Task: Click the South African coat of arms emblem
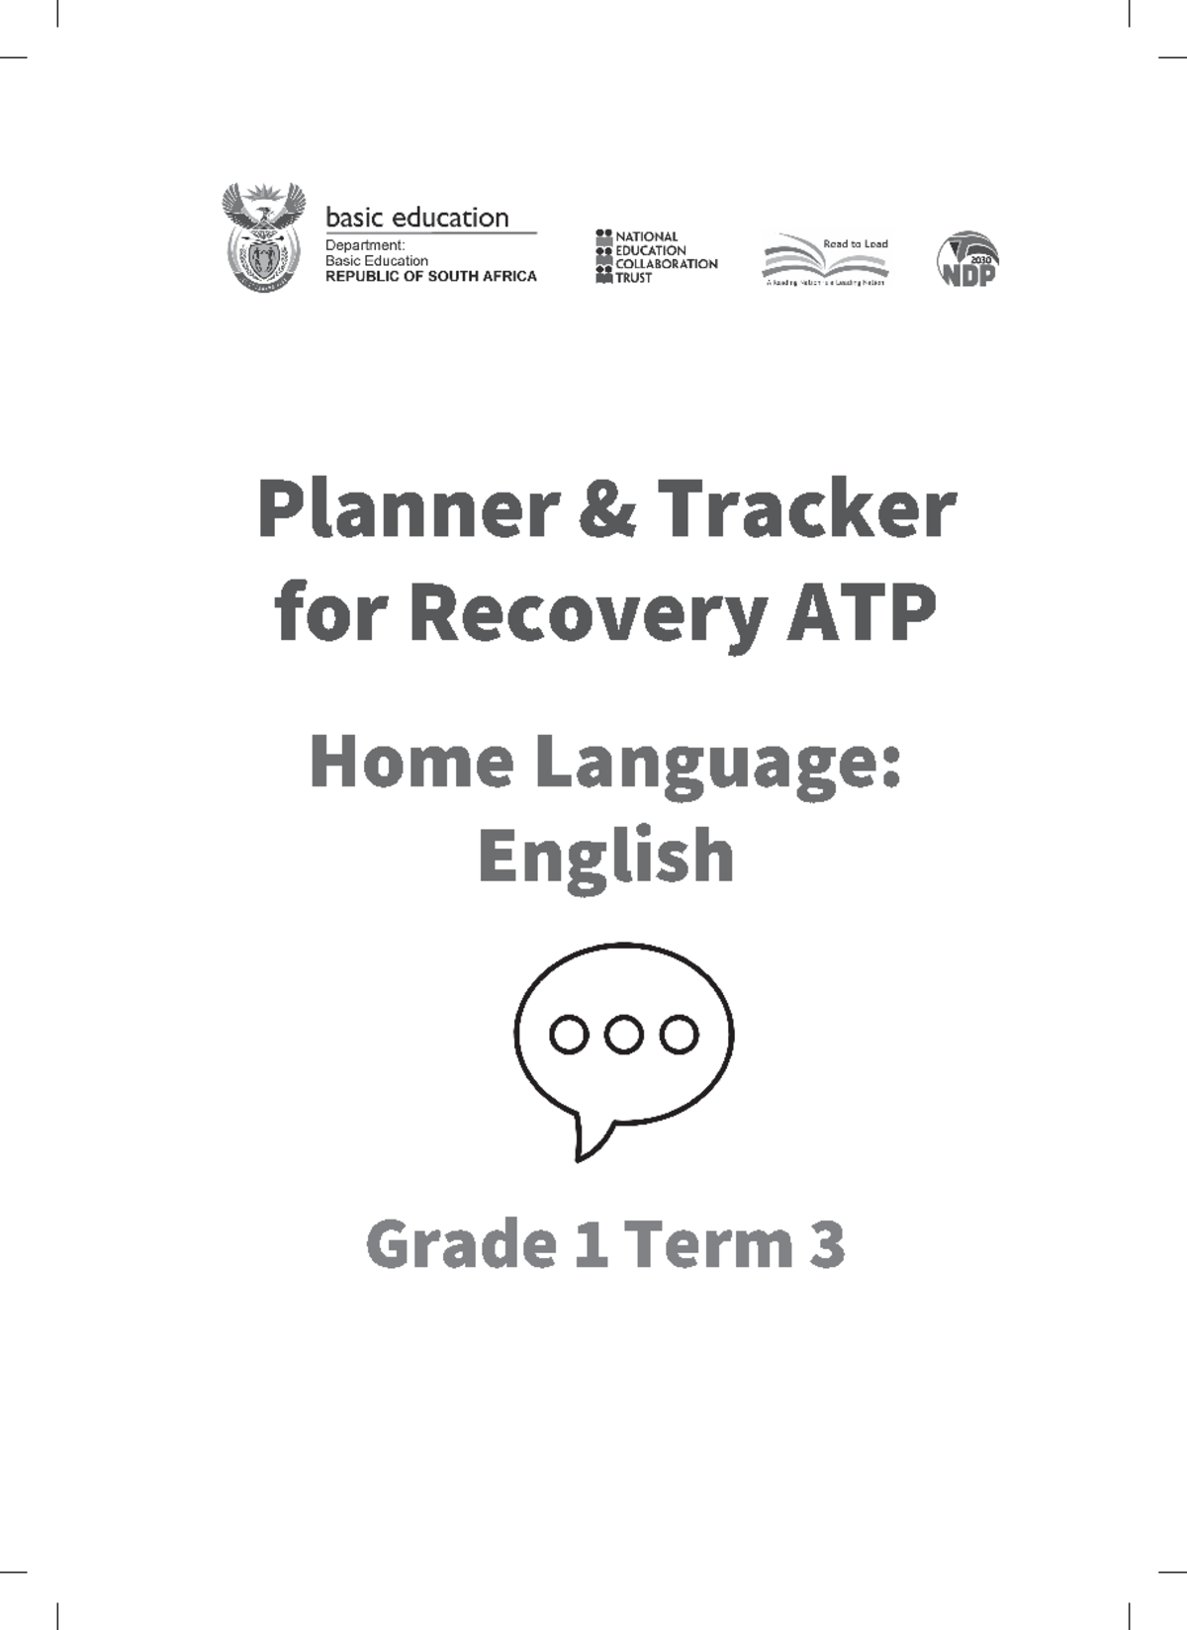[x=262, y=237]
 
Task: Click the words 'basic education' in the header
[x=416, y=218]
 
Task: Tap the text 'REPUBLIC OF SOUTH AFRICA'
[x=431, y=277]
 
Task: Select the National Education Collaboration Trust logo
[x=656, y=257]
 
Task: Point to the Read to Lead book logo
[x=825, y=260]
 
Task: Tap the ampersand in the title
[x=603, y=511]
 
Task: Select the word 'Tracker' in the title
[x=805, y=511]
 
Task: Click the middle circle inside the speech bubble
[x=623, y=1035]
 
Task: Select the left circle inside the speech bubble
[x=568, y=1035]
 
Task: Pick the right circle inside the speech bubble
[x=680, y=1035]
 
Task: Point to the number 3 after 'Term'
[x=827, y=1244]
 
